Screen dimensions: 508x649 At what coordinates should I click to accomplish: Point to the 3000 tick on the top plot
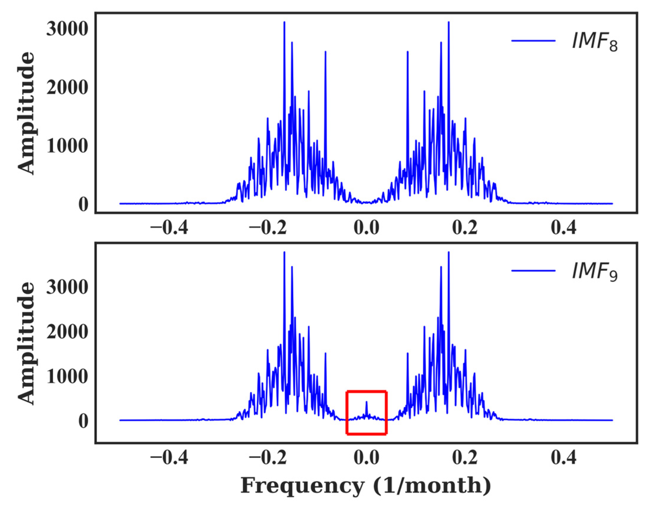(67, 29)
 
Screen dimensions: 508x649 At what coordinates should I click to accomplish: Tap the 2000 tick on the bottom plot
(67, 332)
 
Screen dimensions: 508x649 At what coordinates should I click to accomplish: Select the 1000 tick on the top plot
(67, 146)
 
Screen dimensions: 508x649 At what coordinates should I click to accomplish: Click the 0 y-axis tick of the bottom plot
(83, 421)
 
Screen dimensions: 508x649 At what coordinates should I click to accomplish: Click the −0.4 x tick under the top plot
(169, 228)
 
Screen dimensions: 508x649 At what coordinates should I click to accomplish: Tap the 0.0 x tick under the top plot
(366, 228)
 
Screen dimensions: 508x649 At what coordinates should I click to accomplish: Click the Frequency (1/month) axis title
(366, 486)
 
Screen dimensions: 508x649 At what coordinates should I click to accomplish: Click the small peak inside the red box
(366, 402)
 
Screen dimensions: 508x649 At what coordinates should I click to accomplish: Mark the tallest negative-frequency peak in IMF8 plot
(284, 23)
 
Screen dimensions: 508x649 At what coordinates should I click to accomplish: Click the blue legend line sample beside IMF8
(533, 41)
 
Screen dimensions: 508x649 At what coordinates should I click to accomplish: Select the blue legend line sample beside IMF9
(533, 271)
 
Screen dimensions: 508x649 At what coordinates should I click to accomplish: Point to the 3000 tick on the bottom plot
(67, 287)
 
